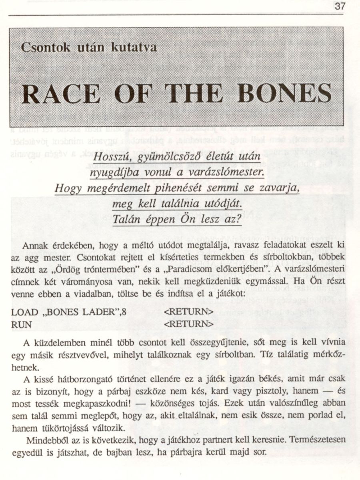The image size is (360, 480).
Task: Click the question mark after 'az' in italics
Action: (x=239, y=220)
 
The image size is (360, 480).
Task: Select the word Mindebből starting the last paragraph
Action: (x=45, y=440)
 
